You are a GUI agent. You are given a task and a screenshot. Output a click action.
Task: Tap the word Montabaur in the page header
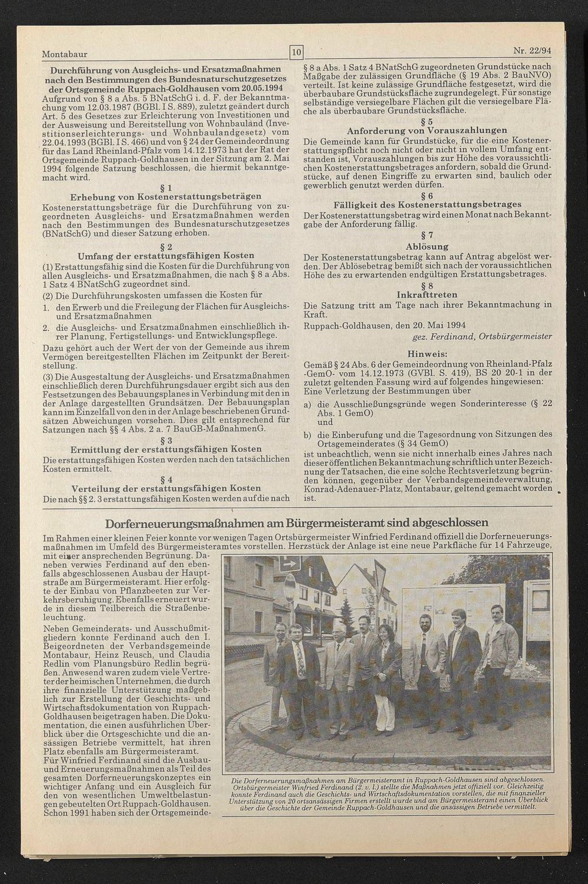click(x=65, y=54)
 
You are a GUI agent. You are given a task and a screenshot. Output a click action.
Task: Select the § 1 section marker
click(x=166, y=188)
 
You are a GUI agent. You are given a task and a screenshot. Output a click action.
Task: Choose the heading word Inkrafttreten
click(x=427, y=294)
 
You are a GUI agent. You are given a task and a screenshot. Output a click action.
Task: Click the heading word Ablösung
click(x=427, y=246)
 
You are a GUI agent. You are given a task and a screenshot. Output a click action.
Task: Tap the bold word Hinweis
click(x=427, y=354)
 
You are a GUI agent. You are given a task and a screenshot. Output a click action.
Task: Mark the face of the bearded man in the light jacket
click(x=425, y=622)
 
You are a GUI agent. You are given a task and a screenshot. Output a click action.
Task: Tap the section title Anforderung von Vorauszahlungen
click(x=427, y=130)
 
